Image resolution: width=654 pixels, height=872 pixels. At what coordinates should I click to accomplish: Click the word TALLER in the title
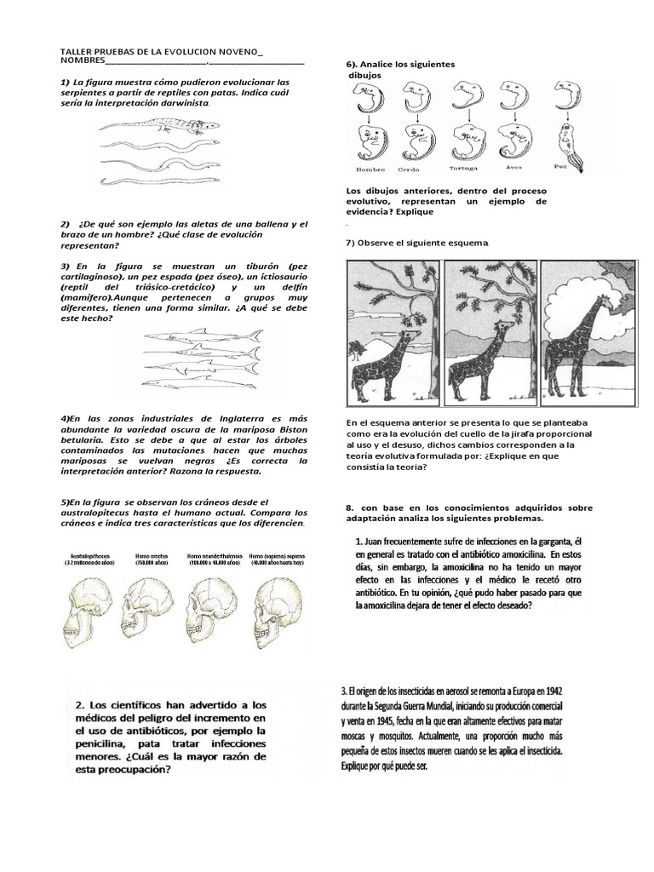pos(76,52)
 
